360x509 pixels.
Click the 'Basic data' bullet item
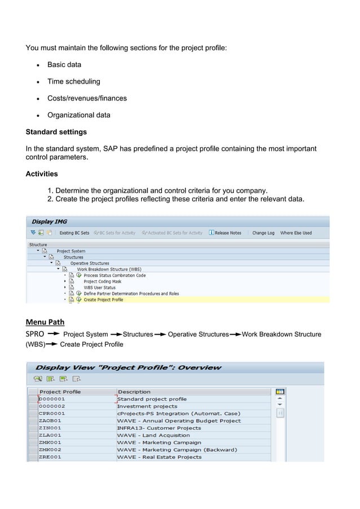click(64, 64)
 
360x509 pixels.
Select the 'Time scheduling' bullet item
click(73, 81)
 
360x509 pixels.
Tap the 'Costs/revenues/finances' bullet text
click(86, 98)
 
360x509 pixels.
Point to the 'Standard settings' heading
click(56, 132)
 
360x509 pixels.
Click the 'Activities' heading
click(42, 174)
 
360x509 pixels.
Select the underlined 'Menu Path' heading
click(45, 322)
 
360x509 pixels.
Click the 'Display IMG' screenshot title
click(49, 222)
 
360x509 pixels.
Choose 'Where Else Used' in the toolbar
click(296, 233)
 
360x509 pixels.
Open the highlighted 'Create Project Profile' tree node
click(103, 300)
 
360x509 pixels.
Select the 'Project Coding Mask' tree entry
click(102, 281)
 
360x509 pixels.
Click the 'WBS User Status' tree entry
click(99, 287)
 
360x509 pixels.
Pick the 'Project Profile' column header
click(60, 391)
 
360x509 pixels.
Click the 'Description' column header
click(134, 391)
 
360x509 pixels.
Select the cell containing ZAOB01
click(50, 420)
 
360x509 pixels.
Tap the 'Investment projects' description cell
click(147, 406)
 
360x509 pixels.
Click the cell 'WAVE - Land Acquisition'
click(153, 435)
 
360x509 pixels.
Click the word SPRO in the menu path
click(35, 334)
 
